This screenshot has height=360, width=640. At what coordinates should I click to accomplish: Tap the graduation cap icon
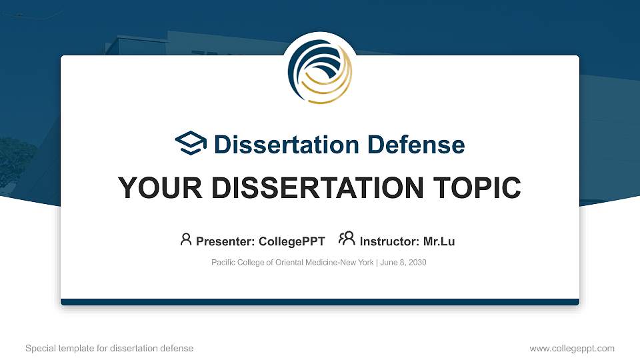[191, 144]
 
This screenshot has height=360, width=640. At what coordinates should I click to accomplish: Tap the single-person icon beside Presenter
[186, 239]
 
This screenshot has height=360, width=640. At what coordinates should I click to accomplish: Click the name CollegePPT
[292, 241]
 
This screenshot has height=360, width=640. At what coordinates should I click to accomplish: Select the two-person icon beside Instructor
[347, 239]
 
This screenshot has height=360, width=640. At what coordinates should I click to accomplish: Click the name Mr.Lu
[439, 241]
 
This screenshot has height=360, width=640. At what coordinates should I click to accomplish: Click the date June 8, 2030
[403, 263]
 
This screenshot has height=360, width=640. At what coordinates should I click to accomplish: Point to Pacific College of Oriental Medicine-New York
[292, 263]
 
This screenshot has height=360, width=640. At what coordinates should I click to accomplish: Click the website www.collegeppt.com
[572, 348]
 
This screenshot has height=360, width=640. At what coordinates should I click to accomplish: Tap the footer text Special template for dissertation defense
[109, 348]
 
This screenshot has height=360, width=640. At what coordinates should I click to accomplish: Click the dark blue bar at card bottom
[320, 302]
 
